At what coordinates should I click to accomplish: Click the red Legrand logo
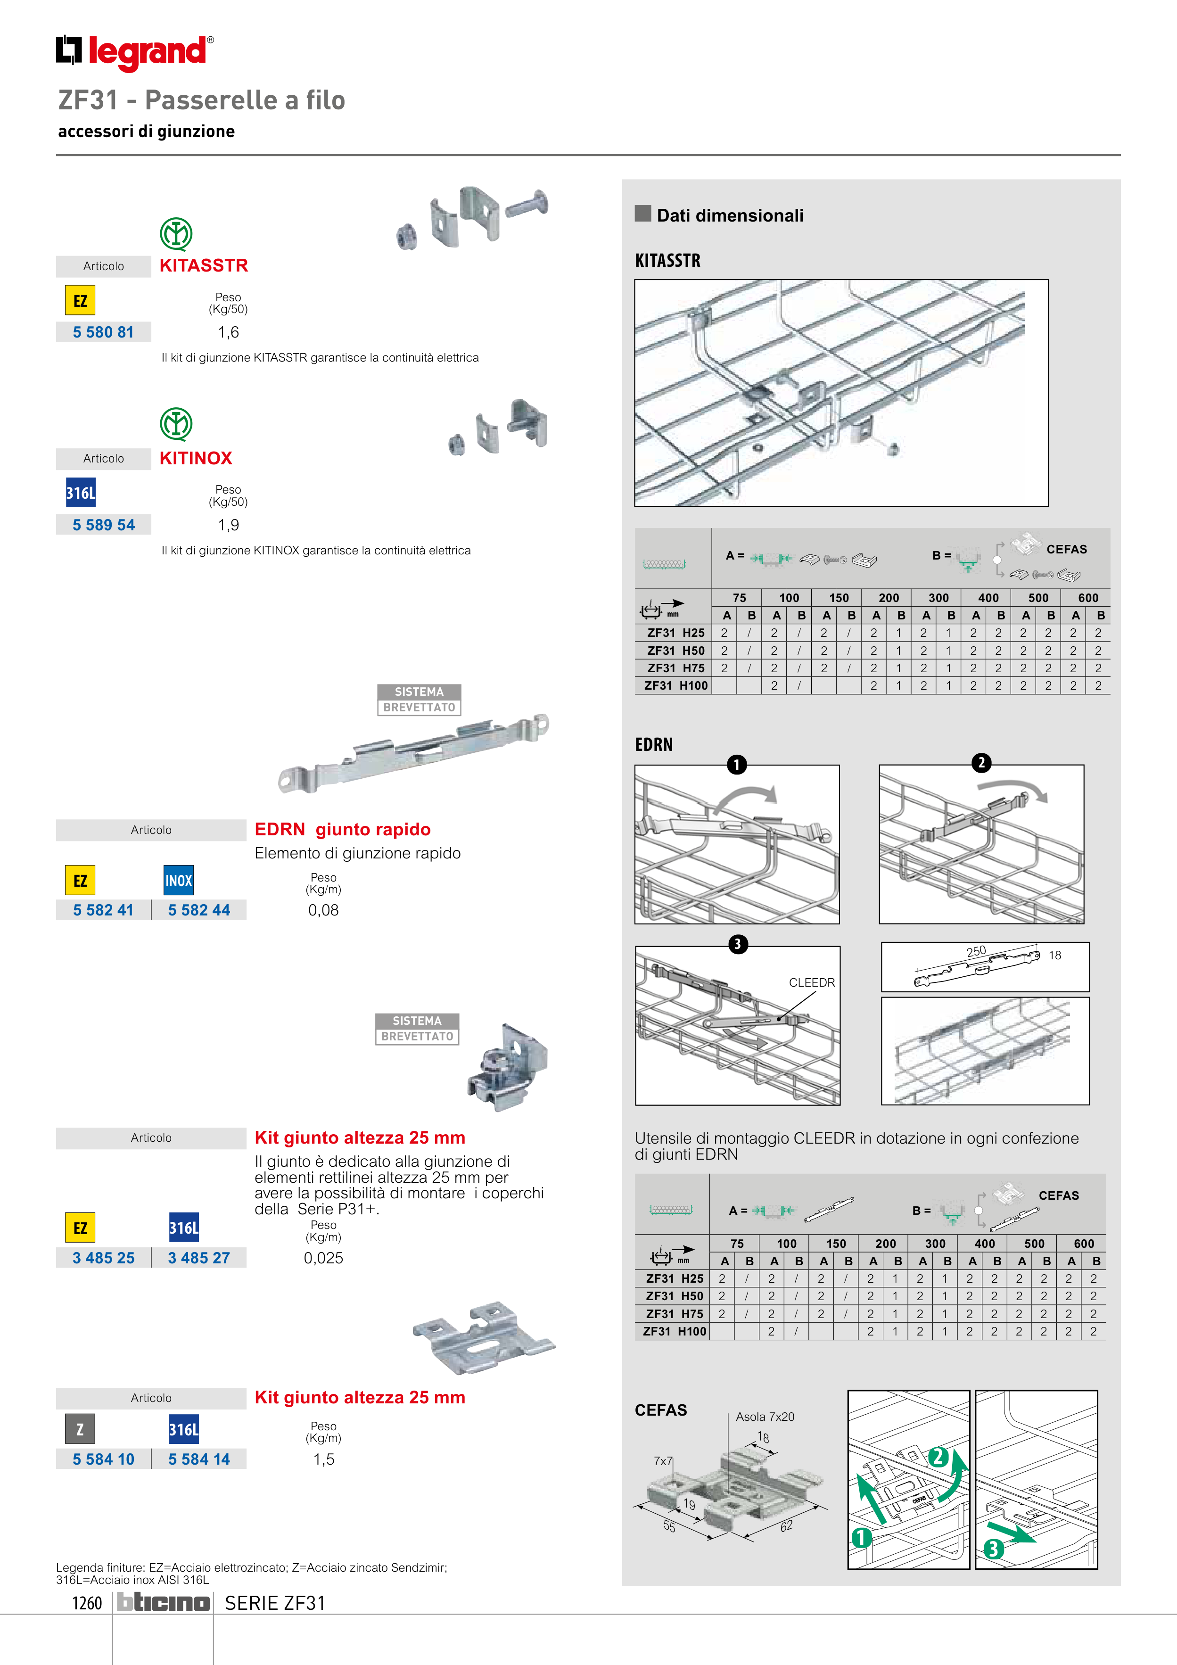pos(135,52)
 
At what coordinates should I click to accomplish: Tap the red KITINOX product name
pos(196,458)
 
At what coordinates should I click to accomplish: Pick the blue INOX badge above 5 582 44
pos(178,881)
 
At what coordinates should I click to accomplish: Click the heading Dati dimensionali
pos(730,215)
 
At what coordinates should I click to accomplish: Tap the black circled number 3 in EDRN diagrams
pos(738,944)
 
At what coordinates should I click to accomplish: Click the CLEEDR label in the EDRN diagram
pos(812,982)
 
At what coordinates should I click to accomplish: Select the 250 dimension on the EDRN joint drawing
pos(976,951)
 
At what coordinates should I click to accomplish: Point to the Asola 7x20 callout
pos(765,1416)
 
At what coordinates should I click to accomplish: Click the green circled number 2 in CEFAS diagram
pos(938,1457)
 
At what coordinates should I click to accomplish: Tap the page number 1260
pos(87,1603)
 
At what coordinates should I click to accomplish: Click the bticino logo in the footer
pos(163,1603)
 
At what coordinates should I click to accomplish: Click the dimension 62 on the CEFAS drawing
pos(786,1526)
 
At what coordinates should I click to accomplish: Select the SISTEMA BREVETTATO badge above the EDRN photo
pos(419,700)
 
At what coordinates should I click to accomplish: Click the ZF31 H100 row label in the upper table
pos(676,685)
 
